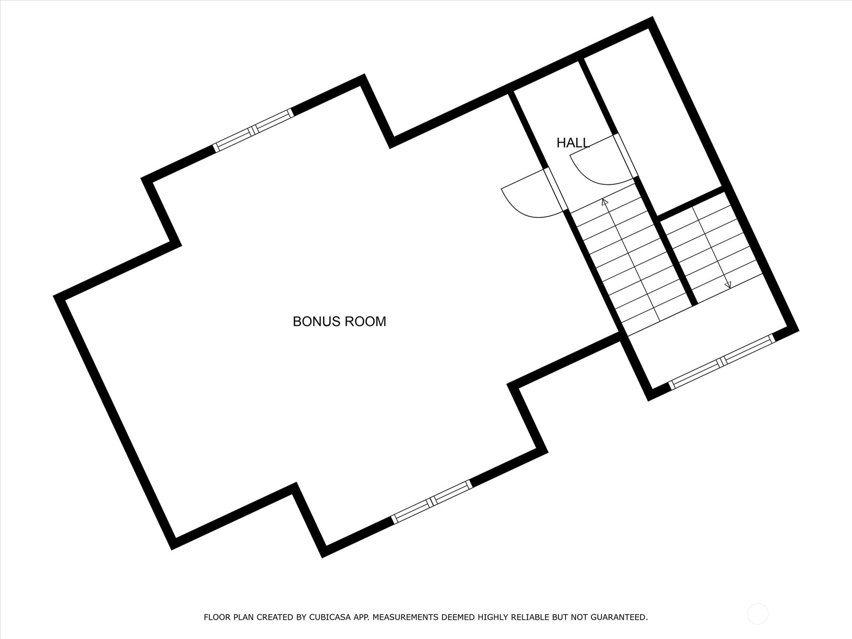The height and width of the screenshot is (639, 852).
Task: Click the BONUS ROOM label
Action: tap(339, 322)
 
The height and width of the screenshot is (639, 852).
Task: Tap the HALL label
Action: tap(573, 143)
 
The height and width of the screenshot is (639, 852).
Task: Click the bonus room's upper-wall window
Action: tap(253, 130)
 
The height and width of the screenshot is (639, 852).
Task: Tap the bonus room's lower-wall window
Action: tap(432, 502)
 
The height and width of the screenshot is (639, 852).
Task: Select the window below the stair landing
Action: tap(722, 362)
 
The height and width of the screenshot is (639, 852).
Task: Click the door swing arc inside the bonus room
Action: tap(532, 202)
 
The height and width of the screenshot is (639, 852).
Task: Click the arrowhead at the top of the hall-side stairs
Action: tap(604, 201)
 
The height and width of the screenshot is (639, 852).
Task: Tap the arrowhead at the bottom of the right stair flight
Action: tap(728, 285)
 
